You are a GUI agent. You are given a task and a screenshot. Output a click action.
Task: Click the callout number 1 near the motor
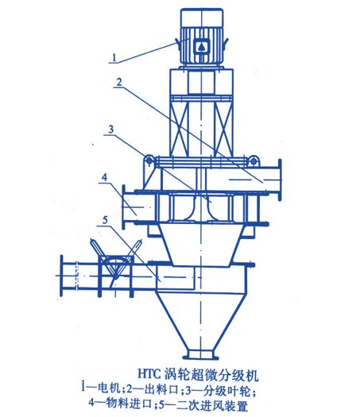point(114,57)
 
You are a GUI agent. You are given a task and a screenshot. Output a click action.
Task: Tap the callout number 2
point(119,82)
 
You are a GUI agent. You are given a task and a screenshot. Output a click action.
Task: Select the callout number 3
point(110,129)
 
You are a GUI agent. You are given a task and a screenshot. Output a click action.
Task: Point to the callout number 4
point(104,177)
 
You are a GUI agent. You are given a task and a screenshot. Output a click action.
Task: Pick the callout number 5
point(106,220)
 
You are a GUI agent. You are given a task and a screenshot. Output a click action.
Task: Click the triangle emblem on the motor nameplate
point(201,47)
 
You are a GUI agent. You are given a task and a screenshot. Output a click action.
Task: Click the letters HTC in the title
point(149,375)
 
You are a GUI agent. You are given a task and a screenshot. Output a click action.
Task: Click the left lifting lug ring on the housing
point(149,160)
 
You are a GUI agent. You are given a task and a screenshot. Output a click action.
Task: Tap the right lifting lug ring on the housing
point(254,160)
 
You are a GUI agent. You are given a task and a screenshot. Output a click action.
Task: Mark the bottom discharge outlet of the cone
point(201,354)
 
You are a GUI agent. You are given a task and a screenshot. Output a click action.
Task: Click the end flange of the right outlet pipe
point(280,180)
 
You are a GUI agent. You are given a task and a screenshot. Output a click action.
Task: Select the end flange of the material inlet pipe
point(123,207)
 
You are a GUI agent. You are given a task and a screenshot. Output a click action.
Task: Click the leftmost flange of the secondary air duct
point(61,276)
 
